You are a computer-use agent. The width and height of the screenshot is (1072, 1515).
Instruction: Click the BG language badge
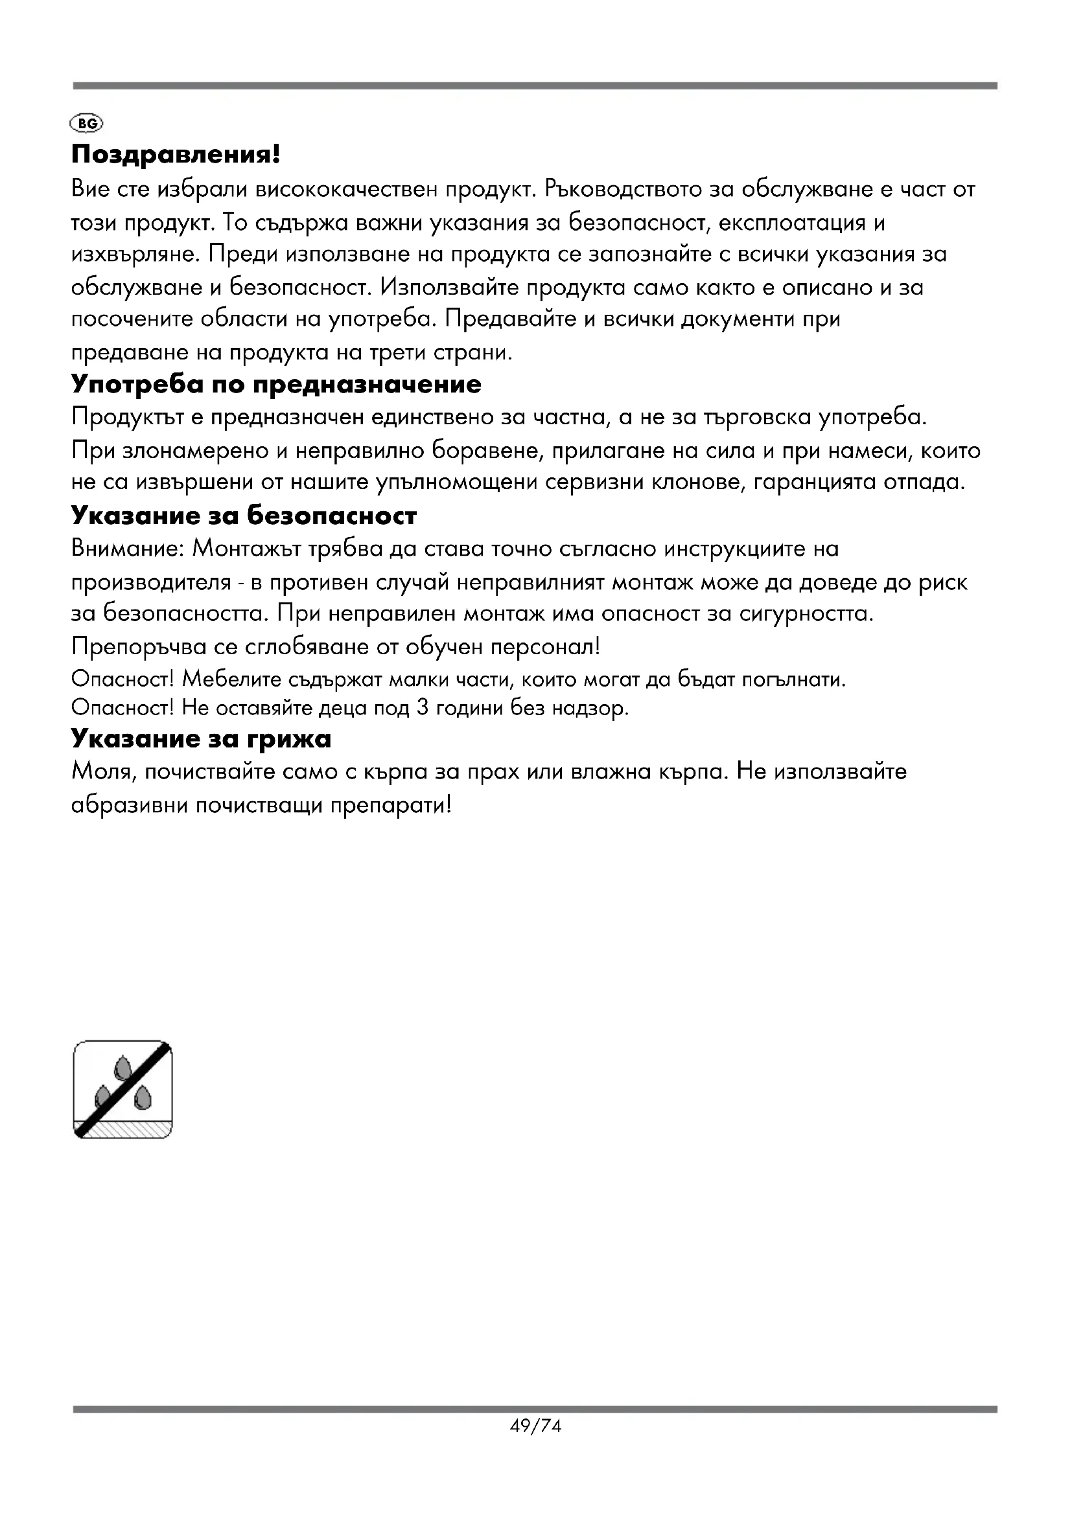tap(86, 124)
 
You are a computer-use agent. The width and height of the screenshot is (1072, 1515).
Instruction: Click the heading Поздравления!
tap(176, 155)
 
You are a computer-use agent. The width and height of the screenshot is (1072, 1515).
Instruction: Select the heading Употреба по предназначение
tap(276, 385)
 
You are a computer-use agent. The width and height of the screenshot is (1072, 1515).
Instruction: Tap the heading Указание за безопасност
tap(244, 516)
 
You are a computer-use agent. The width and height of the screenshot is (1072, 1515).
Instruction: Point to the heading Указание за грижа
tap(201, 738)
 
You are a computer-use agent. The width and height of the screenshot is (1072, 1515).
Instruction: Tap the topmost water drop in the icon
tap(122, 1067)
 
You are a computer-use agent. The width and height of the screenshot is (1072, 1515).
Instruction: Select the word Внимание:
tap(126, 549)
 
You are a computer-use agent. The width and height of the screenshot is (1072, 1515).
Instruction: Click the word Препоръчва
tap(139, 646)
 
